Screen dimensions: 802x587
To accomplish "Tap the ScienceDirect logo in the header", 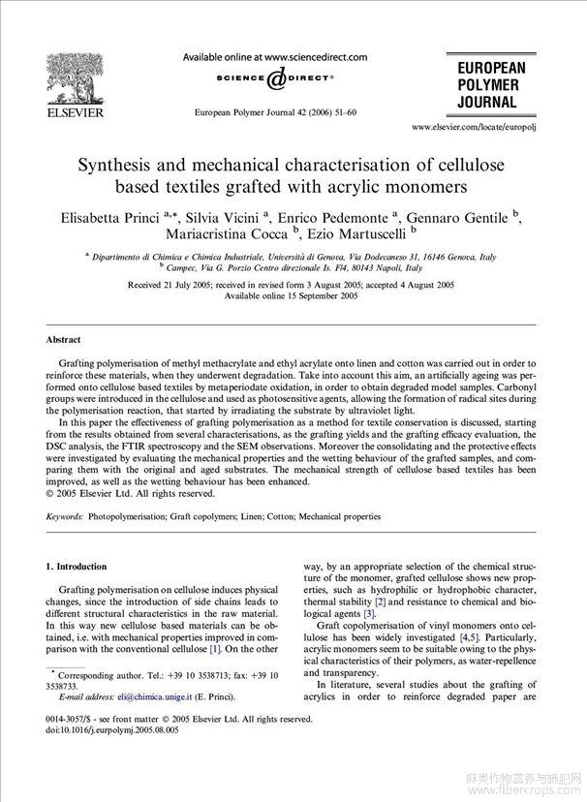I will (x=275, y=77).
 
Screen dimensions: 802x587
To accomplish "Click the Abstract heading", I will (x=64, y=340).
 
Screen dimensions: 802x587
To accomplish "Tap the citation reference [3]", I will (x=368, y=614).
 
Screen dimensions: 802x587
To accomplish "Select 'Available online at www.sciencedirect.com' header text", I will (x=275, y=57).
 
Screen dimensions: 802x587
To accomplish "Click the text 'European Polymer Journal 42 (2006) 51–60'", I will (x=275, y=112).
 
